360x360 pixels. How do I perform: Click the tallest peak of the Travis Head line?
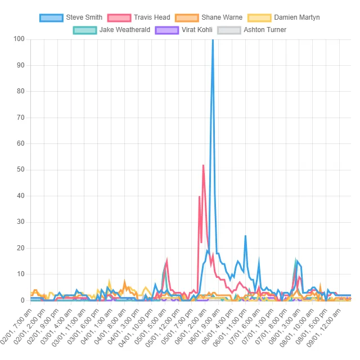pos(203,165)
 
